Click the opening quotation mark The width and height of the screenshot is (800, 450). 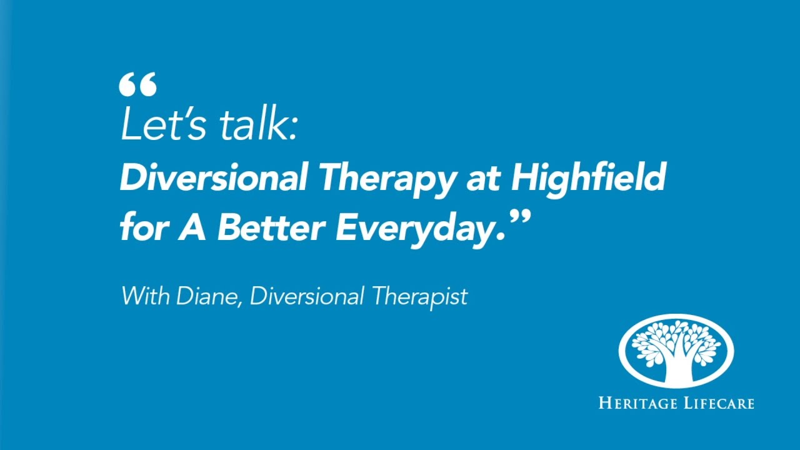click(137, 84)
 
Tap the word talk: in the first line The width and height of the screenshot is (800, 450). click(257, 124)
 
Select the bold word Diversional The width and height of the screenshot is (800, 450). click(212, 177)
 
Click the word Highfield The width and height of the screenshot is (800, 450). click(588, 177)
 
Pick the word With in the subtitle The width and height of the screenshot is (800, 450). click(145, 295)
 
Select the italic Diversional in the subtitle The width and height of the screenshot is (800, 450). click(306, 295)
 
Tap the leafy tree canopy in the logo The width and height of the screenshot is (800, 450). click(676, 341)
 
